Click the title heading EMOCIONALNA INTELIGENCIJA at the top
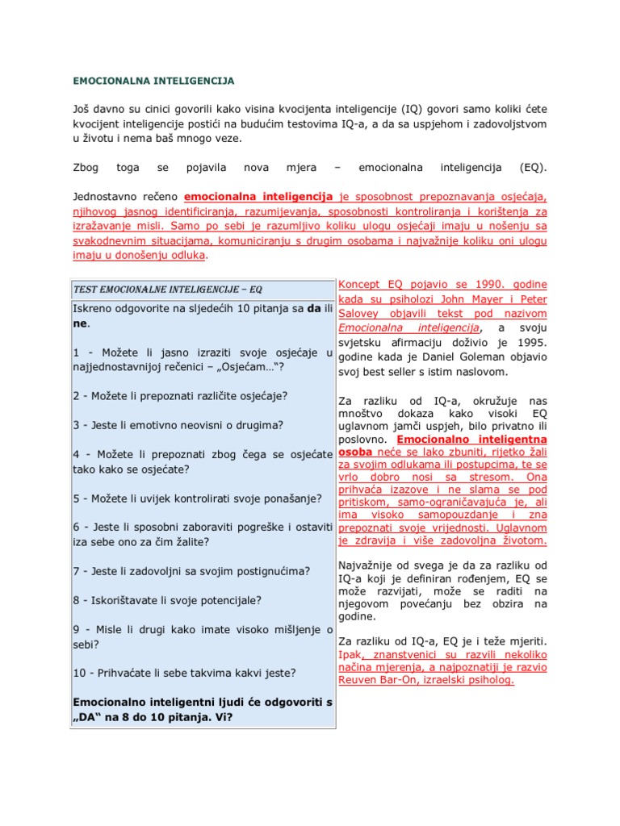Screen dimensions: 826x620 153,81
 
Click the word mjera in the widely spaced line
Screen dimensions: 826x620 301,168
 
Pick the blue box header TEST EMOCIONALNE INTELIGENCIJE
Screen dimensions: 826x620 168,289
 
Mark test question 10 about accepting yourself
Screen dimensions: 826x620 184,673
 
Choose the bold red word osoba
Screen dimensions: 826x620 353,453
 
